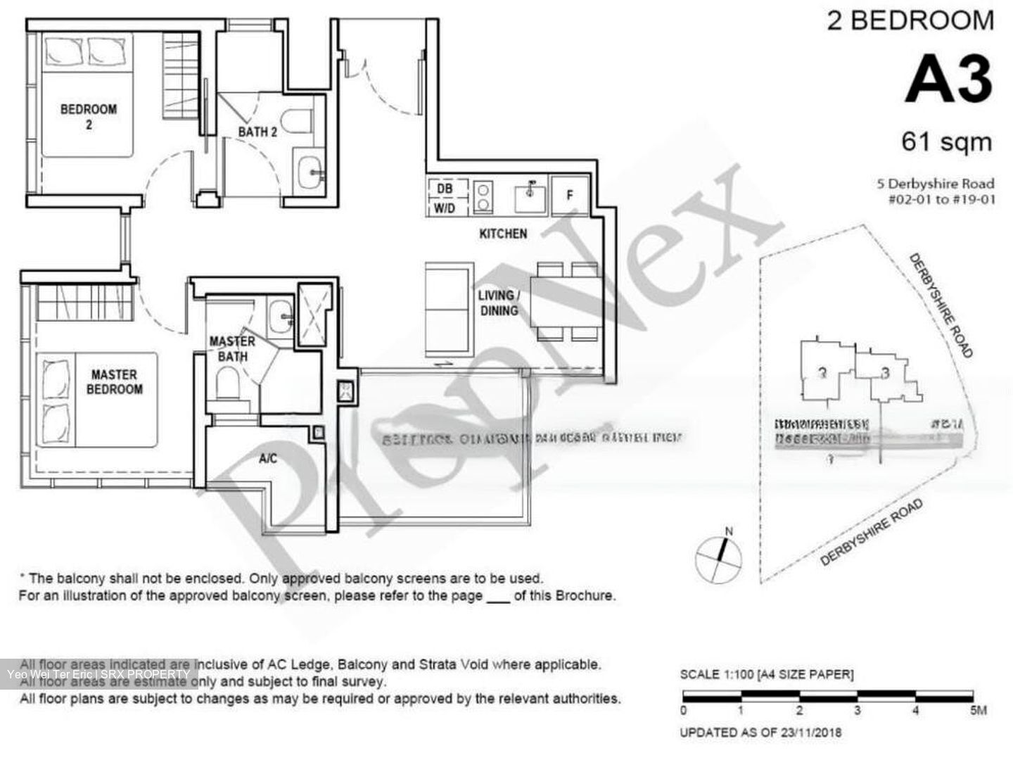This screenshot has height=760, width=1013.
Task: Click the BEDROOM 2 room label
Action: (x=88, y=117)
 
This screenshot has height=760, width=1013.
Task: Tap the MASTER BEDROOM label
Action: (x=114, y=382)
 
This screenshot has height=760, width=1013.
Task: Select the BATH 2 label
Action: (x=257, y=132)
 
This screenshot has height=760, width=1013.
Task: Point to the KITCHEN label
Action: (x=502, y=234)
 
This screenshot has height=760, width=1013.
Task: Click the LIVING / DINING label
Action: (x=498, y=303)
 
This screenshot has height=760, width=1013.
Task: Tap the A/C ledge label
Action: (x=267, y=459)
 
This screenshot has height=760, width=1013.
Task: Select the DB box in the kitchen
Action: (x=445, y=189)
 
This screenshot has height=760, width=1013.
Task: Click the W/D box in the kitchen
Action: (x=445, y=208)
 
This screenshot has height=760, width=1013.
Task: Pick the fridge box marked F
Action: (x=569, y=194)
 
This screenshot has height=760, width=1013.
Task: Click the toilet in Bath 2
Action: (x=298, y=120)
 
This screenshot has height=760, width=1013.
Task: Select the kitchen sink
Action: (x=529, y=196)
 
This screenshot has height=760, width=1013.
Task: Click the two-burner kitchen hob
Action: (x=483, y=196)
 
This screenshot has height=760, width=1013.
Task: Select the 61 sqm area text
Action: (x=946, y=142)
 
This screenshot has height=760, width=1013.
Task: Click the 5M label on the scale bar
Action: (x=978, y=711)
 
